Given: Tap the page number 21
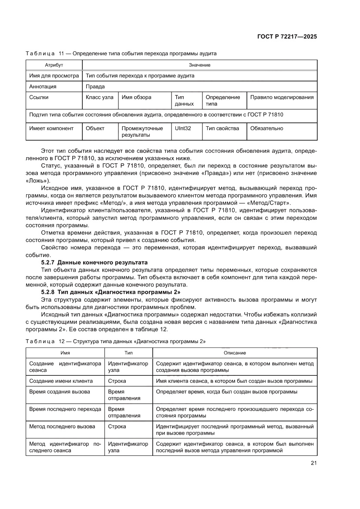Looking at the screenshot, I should coord(313,463).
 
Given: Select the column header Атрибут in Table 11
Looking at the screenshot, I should coord(54,65).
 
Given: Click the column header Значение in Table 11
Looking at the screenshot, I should coord(200,65).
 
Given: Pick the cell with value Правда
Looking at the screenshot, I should coord(95,87).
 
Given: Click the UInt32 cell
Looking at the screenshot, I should coord(183,128).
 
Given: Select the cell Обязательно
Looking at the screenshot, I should coord(266,128).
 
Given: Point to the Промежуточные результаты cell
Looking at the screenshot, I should coord(142,132).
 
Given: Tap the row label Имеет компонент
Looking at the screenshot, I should coord(51,128).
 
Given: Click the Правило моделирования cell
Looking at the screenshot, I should coord(282,98).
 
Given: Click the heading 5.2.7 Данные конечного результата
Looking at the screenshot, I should coord(94,262).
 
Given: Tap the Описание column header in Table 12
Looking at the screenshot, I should coord(235,353).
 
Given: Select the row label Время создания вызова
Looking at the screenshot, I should coord(60,392).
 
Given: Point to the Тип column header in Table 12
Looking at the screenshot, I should coord(128,353).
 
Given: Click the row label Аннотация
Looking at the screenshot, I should coord(43,87).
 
